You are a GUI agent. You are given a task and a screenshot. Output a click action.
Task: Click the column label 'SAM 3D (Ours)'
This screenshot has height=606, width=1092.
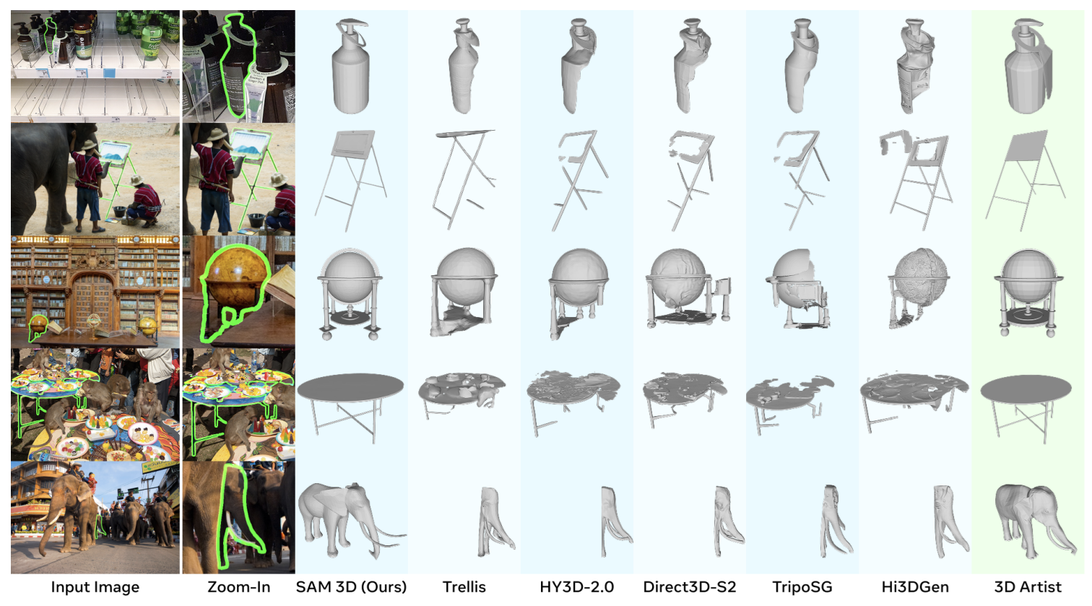(x=351, y=586)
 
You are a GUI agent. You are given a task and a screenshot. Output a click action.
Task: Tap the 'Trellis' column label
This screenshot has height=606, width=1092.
(x=464, y=586)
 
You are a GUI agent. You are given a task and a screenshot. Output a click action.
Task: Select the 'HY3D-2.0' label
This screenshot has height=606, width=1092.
(x=577, y=586)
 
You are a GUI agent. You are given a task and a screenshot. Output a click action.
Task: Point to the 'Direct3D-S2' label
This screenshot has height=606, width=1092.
(x=689, y=586)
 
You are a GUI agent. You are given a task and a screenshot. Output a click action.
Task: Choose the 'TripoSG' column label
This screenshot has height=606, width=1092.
(x=802, y=586)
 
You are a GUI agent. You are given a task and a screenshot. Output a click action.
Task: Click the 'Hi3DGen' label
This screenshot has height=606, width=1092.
(x=915, y=586)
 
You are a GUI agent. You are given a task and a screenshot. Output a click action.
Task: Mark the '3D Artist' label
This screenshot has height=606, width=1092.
(x=1028, y=586)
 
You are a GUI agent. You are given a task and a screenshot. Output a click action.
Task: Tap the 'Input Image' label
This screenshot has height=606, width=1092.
(x=95, y=586)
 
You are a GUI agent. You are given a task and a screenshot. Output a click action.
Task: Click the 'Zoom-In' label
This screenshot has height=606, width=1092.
(x=239, y=586)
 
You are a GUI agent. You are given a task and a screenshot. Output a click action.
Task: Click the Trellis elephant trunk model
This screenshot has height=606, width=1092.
(x=493, y=521)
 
